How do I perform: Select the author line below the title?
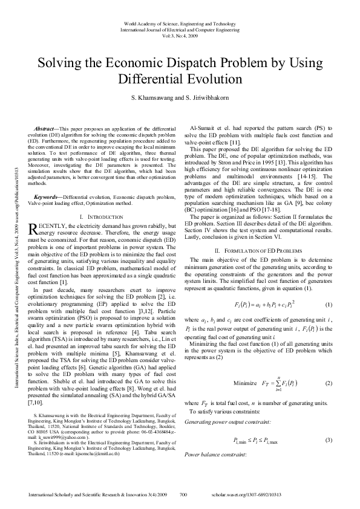pyautogui.click(x=180, y=98)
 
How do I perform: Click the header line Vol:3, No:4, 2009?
pyautogui.click(x=180, y=35)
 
